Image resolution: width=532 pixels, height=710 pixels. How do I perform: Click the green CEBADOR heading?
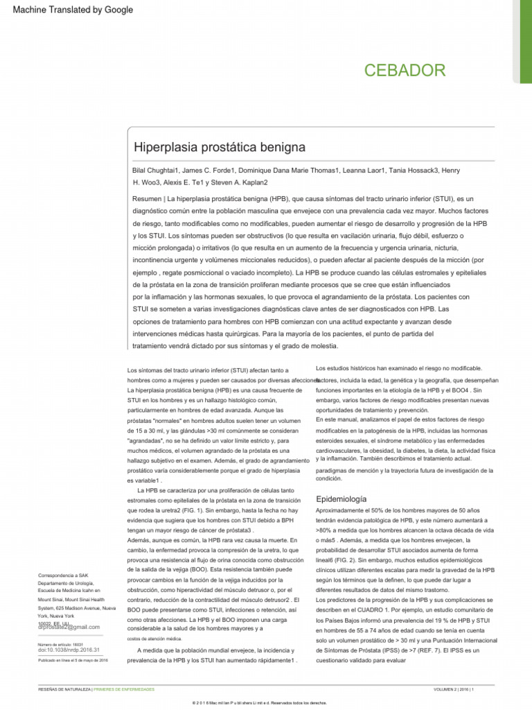[405, 70]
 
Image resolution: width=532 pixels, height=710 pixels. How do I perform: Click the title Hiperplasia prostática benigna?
[209, 148]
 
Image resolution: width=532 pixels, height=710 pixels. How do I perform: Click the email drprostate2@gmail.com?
[69, 627]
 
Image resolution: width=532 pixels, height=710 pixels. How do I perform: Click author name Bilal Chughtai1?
[159, 171]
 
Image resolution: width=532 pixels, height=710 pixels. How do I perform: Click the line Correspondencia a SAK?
[63, 575]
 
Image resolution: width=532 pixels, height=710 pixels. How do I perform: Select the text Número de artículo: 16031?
[62, 644]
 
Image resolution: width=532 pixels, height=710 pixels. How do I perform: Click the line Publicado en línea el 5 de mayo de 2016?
[73, 660]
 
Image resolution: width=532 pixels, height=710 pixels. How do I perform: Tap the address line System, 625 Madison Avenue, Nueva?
[76, 608]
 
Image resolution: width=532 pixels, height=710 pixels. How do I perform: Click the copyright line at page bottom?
[265, 702]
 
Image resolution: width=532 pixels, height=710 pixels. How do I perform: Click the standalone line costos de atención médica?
[155, 638]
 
